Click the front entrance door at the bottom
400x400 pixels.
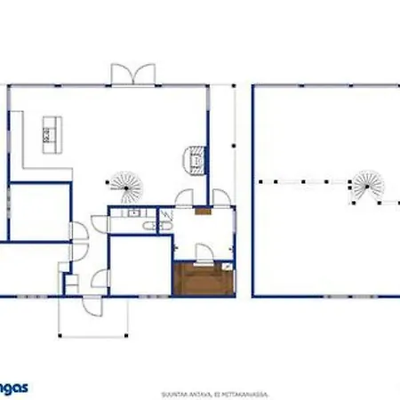92,305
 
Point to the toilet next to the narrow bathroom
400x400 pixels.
144,229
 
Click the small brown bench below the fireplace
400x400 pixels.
202,213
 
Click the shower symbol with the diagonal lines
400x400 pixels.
164,217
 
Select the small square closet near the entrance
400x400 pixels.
71,283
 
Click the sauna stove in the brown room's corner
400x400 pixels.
228,265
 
